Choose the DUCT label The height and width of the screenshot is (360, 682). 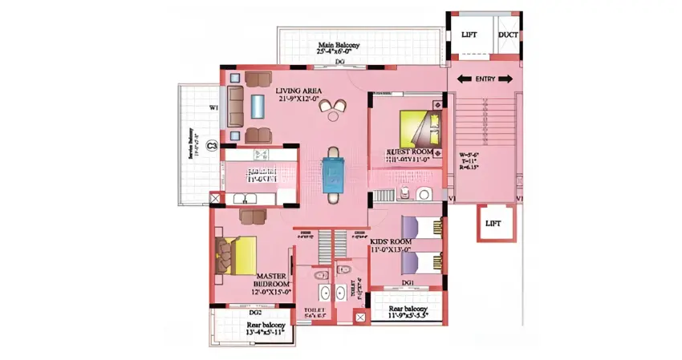click(x=508, y=34)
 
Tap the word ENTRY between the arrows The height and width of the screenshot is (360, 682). click(x=485, y=79)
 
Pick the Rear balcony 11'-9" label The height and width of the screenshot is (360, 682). click(x=408, y=310)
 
